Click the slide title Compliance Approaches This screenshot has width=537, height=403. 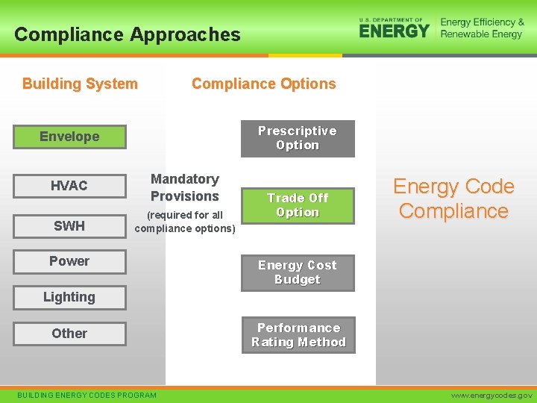point(128,34)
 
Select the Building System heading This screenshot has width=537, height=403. point(80,84)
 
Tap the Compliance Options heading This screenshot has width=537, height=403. point(263,84)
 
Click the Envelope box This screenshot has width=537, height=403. point(69,137)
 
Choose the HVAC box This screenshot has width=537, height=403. point(69,186)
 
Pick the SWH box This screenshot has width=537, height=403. point(69,226)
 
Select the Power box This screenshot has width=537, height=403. point(69,261)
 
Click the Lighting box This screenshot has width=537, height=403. point(69,297)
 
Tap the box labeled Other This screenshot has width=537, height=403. point(69,334)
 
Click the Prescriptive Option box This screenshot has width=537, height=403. point(298,138)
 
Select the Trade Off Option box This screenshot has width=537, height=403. point(298,205)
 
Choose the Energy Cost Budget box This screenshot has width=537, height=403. point(298,272)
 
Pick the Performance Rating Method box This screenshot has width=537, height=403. point(298,335)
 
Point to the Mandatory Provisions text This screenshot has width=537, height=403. point(185,188)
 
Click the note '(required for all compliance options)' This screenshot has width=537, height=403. point(185,222)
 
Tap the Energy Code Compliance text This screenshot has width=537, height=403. point(453,199)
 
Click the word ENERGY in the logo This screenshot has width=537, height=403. point(395,31)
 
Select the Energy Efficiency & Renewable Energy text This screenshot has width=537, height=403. point(482,28)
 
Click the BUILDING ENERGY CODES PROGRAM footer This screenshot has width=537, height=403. point(87,395)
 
